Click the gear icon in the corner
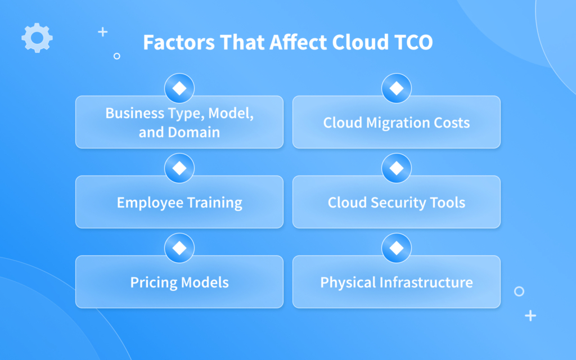click(37, 38)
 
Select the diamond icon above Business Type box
click(179, 88)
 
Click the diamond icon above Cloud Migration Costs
click(397, 88)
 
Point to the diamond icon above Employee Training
click(179, 168)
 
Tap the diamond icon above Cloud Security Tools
click(397, 168)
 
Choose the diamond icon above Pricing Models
click(179, 248)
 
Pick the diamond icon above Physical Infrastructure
click(397, 248)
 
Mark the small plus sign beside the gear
click(102, 32)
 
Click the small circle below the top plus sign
click(116, 56)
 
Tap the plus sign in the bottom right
click(530, 316)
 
